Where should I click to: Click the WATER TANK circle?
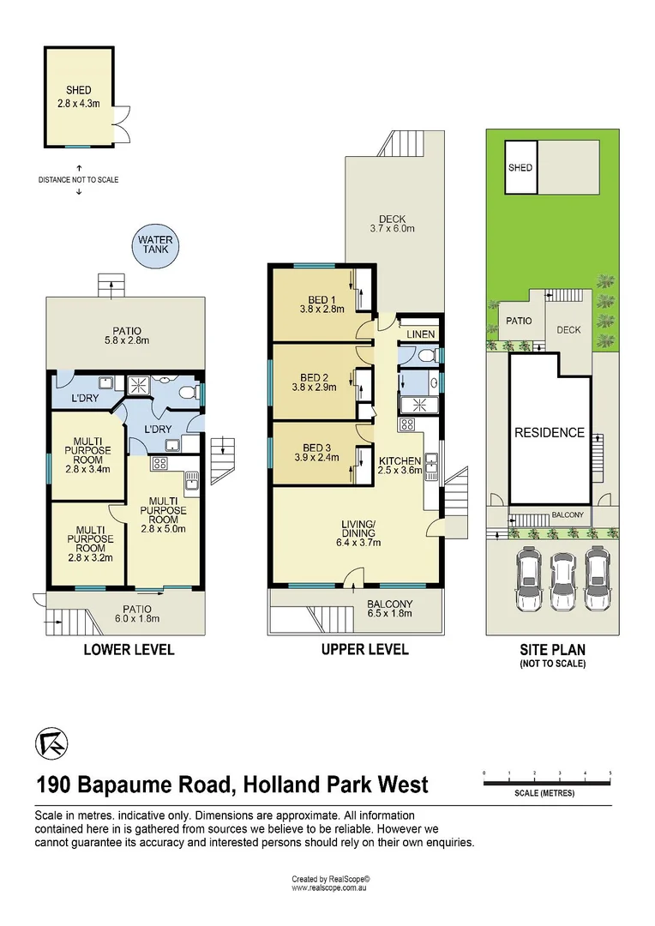click(x=157, y=246)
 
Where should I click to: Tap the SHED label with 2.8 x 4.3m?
click(x=79, y=96)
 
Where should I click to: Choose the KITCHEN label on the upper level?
click(x=400, y=461)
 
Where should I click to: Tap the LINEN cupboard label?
click(x=421, y=334)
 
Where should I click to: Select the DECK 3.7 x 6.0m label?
click(x=392, y=224)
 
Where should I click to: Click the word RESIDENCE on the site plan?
click(x=549, y=433)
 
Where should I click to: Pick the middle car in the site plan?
click(x=562, y=581)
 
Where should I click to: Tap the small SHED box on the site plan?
click(x=520, y=167)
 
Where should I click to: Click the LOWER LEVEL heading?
click(x=129, y=650)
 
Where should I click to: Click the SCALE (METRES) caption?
click(x=544, y=793)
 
